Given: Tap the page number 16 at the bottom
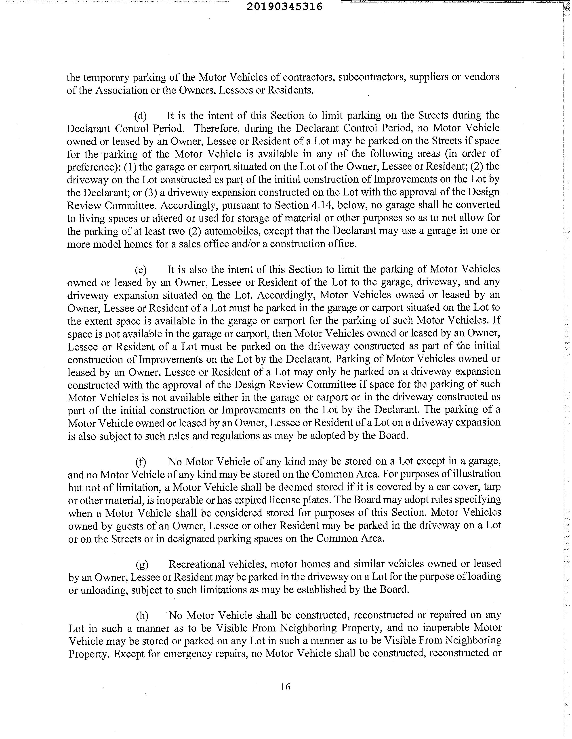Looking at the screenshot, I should click(285, 687).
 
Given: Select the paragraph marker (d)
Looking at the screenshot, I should click(141, 116).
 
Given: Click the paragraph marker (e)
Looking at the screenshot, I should click(141, 270).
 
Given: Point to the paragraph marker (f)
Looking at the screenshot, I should click(141, 462).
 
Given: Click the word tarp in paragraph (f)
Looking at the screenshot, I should click(492, 487).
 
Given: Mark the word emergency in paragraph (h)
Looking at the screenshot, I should click(187, 653).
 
